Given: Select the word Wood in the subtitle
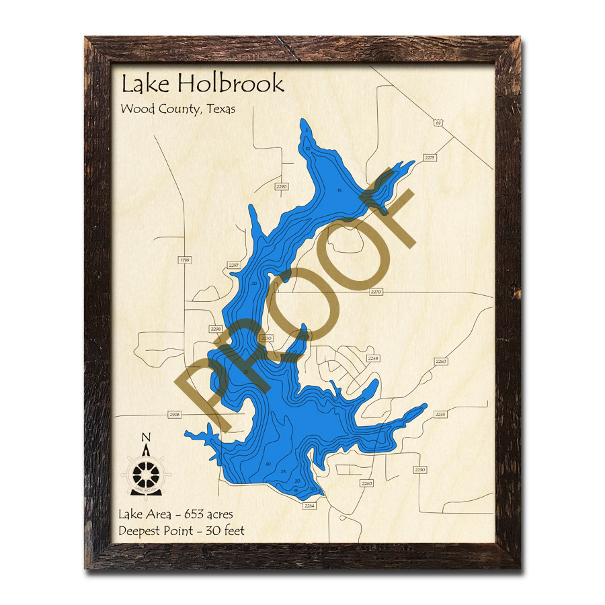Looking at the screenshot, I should (136, 108).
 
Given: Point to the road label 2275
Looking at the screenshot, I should (430, 157).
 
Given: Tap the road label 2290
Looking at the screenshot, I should (281, 186).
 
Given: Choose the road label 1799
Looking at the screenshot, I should (185, 259).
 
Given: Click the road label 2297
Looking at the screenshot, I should (234, 266).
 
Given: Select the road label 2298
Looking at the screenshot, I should (216, 329).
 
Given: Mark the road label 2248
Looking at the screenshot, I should (373, 358).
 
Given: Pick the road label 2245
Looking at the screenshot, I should (440, 415).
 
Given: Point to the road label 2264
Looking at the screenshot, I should (309, 505).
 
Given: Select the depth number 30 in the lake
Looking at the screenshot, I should (268, 464).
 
